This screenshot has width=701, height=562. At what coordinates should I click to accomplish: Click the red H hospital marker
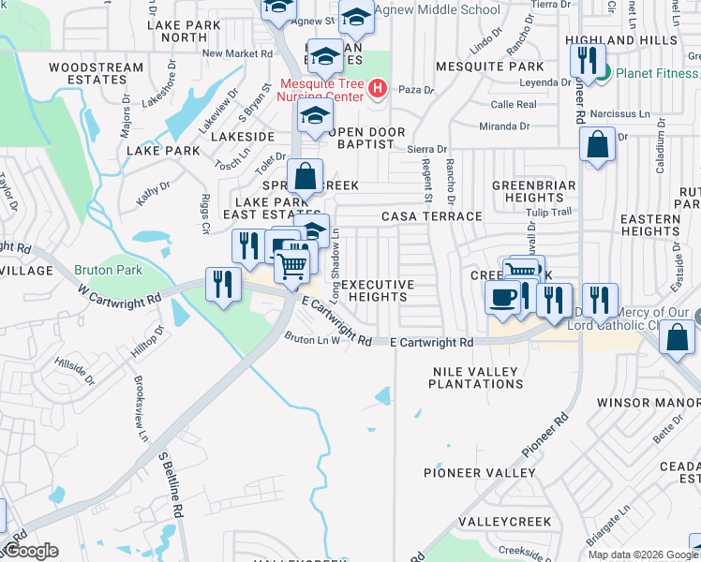click(378, 89)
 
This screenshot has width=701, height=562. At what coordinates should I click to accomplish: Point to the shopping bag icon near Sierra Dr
click(597, 145)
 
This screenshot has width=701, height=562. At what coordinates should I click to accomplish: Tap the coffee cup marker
click(502, 298)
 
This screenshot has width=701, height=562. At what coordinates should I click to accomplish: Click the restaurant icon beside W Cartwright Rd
click(222, 283)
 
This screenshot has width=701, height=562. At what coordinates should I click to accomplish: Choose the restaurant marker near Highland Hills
click(587, 61)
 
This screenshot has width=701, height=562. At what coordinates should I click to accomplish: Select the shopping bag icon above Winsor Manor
click(677, 337)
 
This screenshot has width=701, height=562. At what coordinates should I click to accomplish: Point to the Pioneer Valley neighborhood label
click(478, 473)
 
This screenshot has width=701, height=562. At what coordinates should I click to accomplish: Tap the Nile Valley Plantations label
click(475, 377)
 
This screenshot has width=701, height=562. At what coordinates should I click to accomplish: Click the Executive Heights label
click(377, 290)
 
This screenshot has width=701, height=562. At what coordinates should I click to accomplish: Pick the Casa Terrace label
click(431, 216)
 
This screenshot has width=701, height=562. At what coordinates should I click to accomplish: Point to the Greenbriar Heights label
click(528, 191)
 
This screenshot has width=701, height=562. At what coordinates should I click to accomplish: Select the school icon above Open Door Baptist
click(316, 116)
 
